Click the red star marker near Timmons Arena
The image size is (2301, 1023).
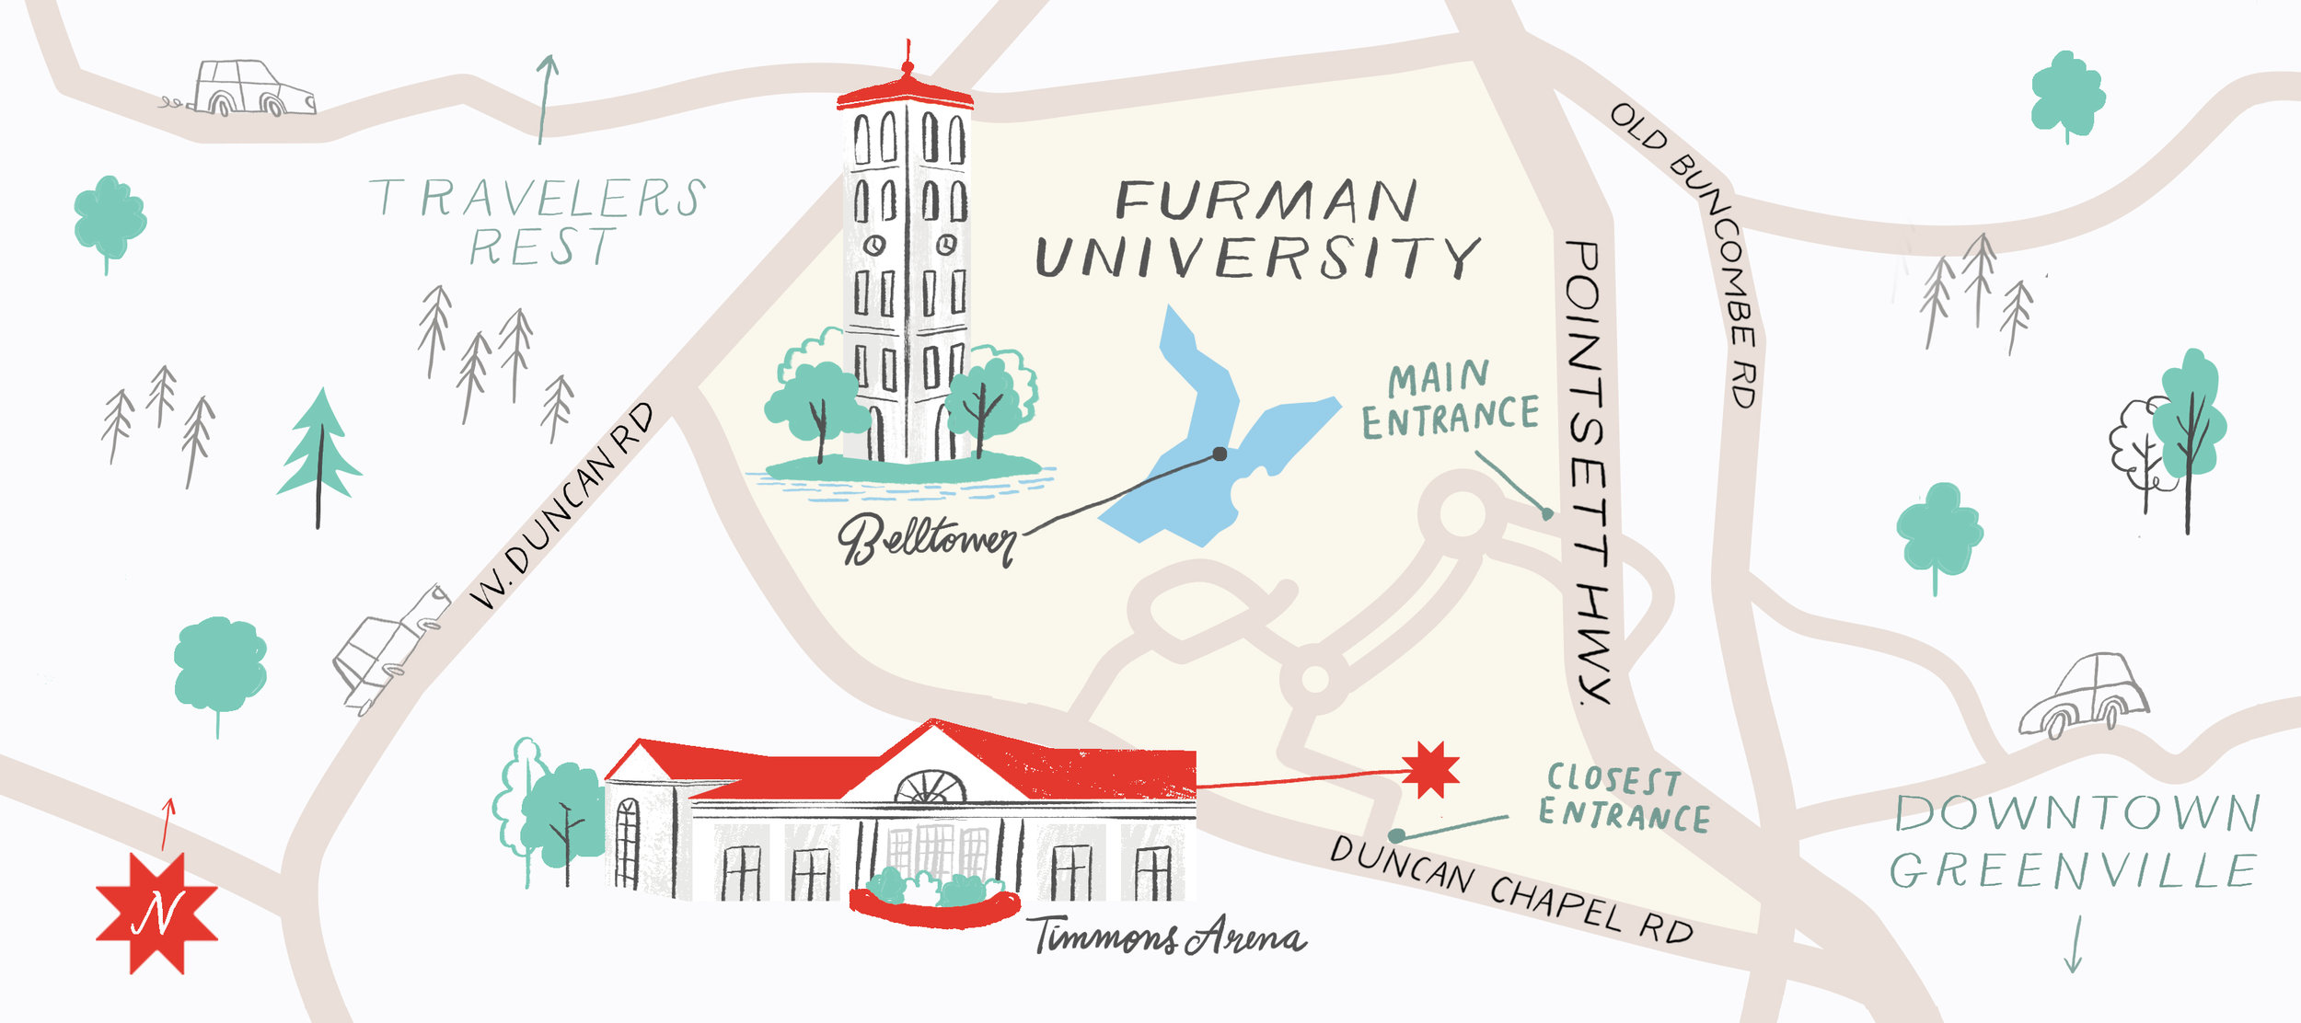1430,769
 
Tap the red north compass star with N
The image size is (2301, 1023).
156,913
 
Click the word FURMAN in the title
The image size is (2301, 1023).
1266,201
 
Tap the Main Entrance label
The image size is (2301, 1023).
1449,401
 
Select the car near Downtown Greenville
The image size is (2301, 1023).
2084,696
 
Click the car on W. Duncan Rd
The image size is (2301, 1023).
389,649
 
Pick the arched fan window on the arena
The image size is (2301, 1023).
931,787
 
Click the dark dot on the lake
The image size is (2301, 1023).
1220,454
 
